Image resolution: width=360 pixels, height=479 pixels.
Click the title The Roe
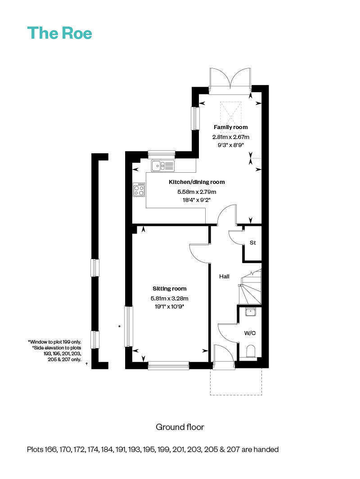(x=59, y=33)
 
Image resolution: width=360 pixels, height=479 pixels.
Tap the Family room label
(x=230, y=127)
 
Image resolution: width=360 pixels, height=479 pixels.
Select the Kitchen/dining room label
(x=197, y=182)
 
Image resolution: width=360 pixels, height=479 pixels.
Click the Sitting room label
(x=169, y=289)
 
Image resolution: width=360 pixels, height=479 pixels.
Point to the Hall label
(x=225, y=276)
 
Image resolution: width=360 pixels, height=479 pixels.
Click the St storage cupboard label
(x=252, y=243)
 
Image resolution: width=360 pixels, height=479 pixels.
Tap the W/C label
(x=250, y=333)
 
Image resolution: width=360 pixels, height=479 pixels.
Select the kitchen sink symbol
(x=162, y=166)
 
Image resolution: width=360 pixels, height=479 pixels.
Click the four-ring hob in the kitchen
(x=139, y=190)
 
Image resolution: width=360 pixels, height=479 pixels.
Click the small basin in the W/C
(x=251, y=311)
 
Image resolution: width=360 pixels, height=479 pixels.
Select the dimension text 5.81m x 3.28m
(x=169, y=298)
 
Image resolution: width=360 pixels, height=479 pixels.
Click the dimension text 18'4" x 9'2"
(x=197, y=200)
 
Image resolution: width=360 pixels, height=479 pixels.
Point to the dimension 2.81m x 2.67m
(x=230, y=137)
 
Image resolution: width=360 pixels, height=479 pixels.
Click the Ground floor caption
(x=180, y=426)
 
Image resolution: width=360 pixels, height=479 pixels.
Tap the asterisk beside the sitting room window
(x=119, y=327)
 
